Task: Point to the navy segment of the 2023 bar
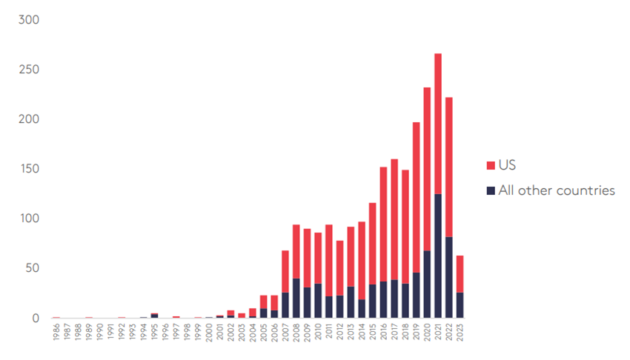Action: coord(460,305)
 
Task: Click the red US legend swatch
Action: coord(490,164)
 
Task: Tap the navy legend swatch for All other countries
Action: coord(490,190)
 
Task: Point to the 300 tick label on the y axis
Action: coord(28,19)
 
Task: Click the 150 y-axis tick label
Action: coord(28,169)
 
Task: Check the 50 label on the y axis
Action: coord(31,268)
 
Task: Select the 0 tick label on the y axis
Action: coord(35,318)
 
